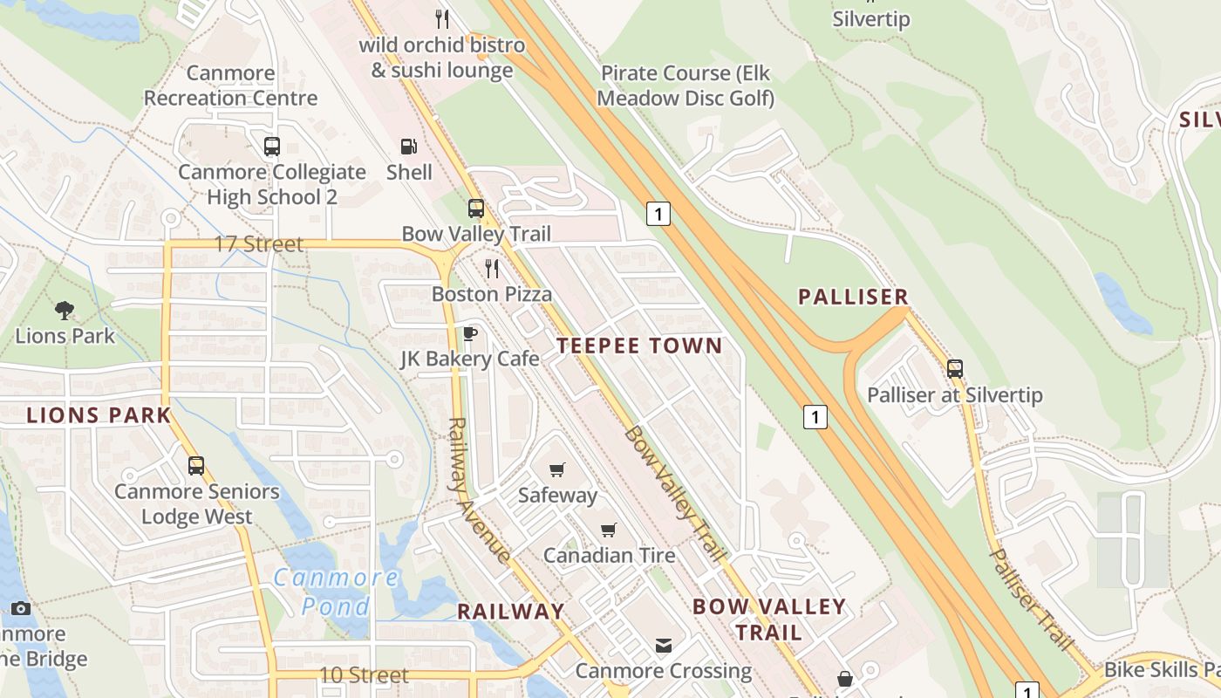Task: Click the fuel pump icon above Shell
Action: (x=408, y=147)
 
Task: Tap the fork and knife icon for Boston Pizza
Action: (x=492, y=268)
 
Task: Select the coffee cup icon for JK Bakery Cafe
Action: (x=469, y=333)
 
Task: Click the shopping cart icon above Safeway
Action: (x=557, y=469)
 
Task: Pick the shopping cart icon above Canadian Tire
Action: (x=609, y=530)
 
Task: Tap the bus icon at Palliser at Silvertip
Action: (x=955, y=369)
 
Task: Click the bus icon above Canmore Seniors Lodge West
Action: (x=196, y=466)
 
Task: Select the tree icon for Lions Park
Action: (x=64, y=310)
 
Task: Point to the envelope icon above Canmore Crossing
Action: (x=664, y=646)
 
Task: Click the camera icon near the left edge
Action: (x=21, y=608)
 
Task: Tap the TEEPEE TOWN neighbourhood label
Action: (x=639, y=346)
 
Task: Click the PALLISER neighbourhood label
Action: (x=854, y=297)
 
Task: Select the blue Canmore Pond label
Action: (x=336, y=592)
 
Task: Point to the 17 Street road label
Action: (x=258, y=244)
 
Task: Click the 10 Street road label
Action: (x=364, y=675)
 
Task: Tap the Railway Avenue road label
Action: (x=477, y=489)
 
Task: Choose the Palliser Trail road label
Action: (x=1030, y=599)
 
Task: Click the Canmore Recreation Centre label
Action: (x=230, y=86)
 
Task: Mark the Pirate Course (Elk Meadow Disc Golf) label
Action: (x=686, y=86)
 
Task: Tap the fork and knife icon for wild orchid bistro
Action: (x=442, y=18)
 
